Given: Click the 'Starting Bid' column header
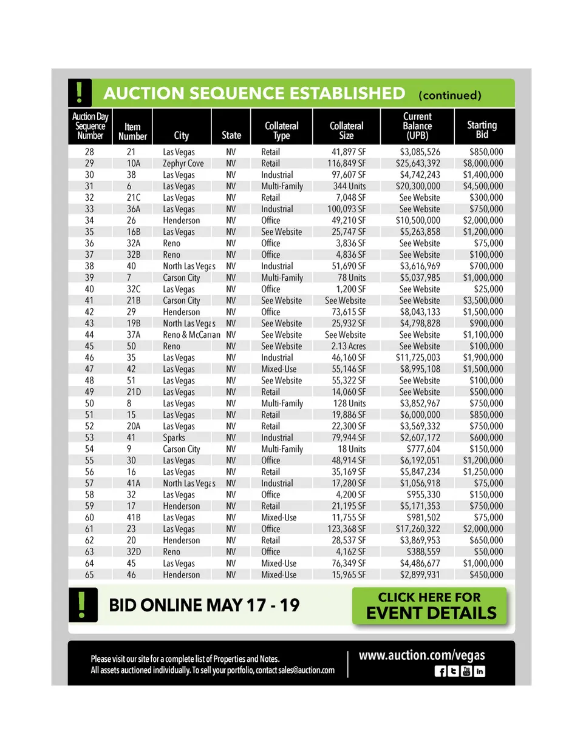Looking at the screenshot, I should [x=482, y=129].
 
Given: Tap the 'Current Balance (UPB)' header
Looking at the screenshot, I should [x=417, y=126].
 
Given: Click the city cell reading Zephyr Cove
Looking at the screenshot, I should [x=183, y=163].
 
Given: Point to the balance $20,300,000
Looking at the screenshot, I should [x=418, y=186].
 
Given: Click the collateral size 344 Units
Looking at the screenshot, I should [x=349, y=186].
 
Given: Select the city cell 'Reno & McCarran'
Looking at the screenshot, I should [x=191, y=335].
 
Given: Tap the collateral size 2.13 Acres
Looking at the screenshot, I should [x=349, y=346].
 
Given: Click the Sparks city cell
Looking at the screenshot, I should [x=174, y=437].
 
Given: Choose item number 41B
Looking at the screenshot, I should [x=134, y=517].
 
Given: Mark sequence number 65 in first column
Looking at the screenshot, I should [x=89, y=574].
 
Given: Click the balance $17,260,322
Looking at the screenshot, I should [x=418, y=529].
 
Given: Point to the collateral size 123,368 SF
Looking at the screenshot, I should [x=346, y=529].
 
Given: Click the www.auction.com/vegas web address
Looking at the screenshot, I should [x=421, y=655].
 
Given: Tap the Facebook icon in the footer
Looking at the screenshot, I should [x=440, y=671].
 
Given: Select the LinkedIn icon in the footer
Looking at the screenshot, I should [x=480, y=671].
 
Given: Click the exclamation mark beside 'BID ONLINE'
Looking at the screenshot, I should [x=81, y=605].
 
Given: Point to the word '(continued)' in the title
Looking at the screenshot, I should [x=449, y=95].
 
